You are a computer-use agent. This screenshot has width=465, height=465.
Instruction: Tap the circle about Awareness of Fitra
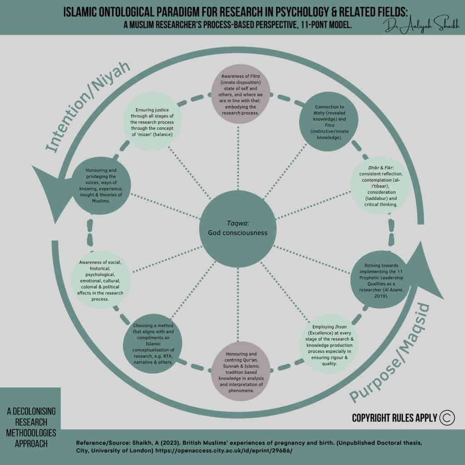click(242, 94)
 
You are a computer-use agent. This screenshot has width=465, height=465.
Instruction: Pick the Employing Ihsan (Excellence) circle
click(330, 346)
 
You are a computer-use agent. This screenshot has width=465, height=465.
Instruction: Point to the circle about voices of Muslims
click(101, 186)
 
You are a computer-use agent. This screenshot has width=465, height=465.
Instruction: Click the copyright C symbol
click(446, 417)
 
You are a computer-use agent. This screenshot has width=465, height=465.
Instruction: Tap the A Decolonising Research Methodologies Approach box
click(31, 427)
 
